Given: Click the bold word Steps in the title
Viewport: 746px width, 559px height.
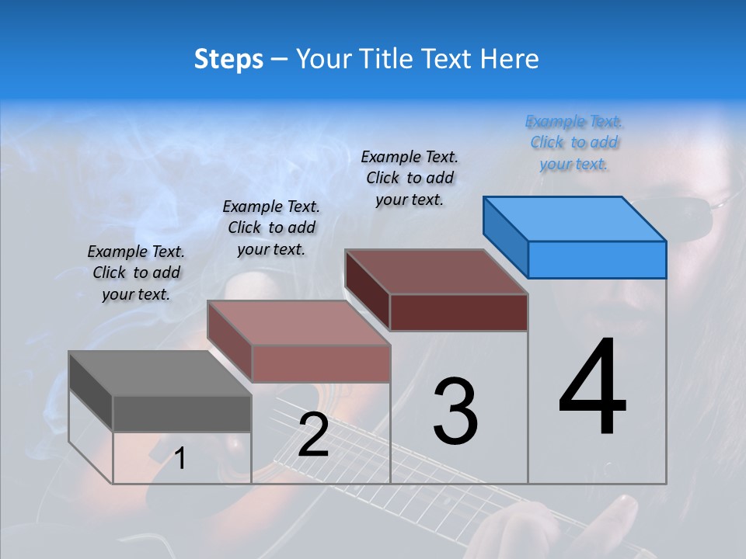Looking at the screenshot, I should click(x=228, y=59).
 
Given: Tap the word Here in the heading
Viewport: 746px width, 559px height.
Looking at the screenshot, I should click(x=511, y=59).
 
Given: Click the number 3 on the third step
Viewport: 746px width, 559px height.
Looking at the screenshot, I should click(x=455, y=411).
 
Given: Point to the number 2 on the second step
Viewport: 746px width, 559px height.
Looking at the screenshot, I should click(x=313, y=435).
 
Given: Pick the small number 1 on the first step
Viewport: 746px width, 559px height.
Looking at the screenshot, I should click(x=180, y=458).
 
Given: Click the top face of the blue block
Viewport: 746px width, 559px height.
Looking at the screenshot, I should click(x=573, y=218).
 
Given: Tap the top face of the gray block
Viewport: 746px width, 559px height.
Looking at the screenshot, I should click(x=159, y=373).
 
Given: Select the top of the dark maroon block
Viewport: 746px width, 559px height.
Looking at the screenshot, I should click(x=435, y=271).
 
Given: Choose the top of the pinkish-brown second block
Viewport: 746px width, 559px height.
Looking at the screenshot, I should click(x=298, y=322).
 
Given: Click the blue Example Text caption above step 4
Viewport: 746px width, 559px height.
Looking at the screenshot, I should click(x=573, y=143).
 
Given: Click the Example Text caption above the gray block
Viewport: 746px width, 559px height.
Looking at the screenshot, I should click(x=136, y=273).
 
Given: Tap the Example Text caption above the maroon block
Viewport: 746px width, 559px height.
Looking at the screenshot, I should click(x=410, y=178).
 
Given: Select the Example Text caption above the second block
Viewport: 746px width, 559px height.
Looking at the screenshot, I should click(x=271, y=227).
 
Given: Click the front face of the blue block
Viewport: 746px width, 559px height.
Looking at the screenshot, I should click(x=597, y=259).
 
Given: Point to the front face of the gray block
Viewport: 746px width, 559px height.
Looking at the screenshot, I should click(x=182, y=413).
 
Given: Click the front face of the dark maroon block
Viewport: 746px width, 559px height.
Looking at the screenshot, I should click(x=458, y=312).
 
